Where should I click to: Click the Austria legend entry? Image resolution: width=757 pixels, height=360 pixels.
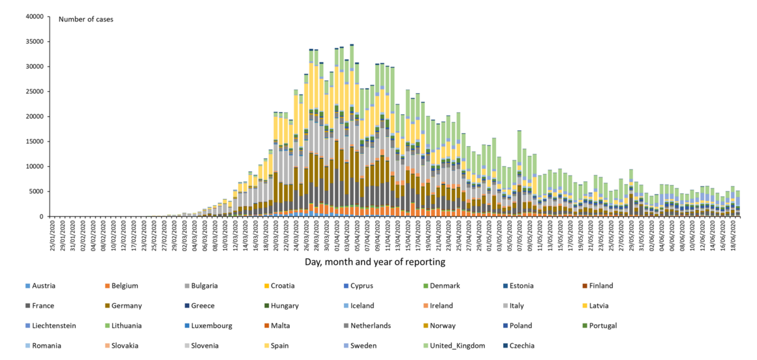[x=43, y=286]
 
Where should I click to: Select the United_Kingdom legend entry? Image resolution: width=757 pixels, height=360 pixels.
[x=456, y=346]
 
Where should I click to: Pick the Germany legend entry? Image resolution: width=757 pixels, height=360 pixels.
[x=127, y=306]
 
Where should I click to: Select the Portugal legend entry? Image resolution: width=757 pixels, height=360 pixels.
[x=602, y=325]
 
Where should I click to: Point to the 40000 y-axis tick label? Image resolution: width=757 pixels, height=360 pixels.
[x=34, y=16]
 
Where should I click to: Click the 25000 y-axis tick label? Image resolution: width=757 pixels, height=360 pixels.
[x=34, y=91]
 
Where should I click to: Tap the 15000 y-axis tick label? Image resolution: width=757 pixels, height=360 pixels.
[x=34, y=142]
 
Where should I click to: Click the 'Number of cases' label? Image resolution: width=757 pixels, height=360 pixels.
[x=85, y=19]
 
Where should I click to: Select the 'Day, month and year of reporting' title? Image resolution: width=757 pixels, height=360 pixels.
[x=375, y=262]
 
